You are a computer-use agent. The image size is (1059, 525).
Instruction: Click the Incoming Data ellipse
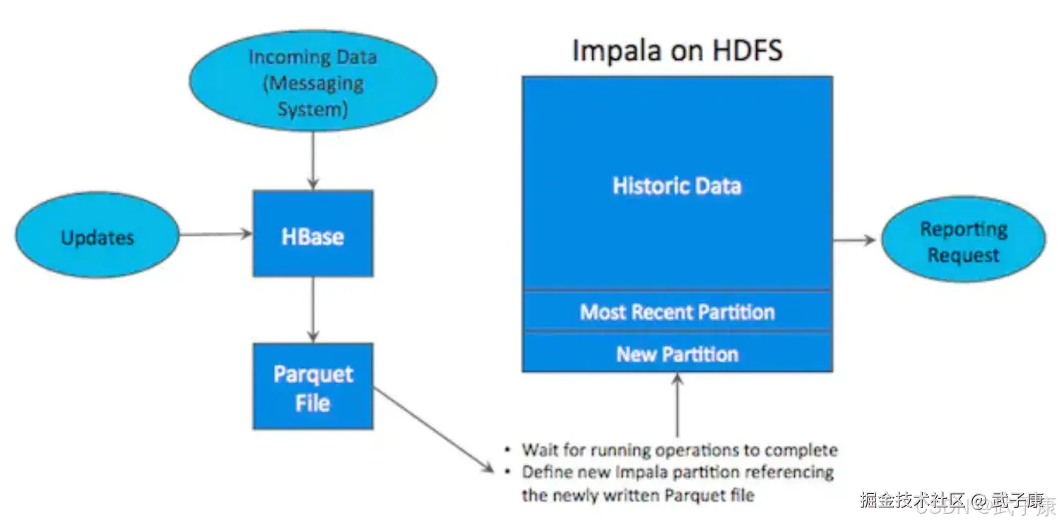(313, 81)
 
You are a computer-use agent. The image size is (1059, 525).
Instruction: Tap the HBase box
(313, 234)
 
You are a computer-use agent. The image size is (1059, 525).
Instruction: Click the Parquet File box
(313, 387)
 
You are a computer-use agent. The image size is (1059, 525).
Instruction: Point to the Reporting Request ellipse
(963, 241)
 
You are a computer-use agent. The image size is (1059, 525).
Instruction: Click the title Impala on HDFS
(676, 51)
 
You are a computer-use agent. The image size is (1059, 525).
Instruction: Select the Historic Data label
(676, 186)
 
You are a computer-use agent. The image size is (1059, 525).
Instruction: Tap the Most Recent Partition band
(676, 312)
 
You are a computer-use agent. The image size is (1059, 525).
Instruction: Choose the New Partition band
(676, 354)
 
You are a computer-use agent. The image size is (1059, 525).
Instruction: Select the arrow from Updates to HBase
(215, 234)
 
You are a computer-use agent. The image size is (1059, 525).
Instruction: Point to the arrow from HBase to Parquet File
(313, 309)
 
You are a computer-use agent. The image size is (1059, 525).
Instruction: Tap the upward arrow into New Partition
(677, 405)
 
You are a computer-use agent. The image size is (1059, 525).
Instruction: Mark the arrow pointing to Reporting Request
(854, 240)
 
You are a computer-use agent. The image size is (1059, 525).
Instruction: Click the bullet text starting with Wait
(679, 449)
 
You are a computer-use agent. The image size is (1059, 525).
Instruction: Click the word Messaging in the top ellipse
(313, 84)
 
